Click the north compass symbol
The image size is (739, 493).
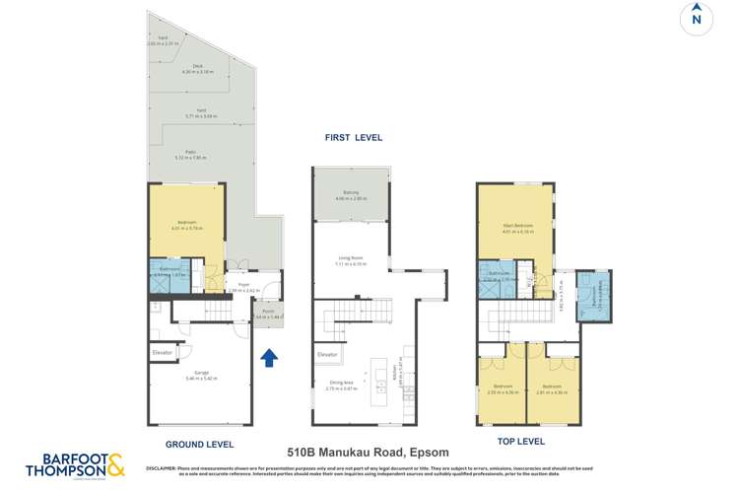tap(697, 19)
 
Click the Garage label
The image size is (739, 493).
tap(201, 372)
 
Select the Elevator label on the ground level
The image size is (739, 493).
tap(163, 351)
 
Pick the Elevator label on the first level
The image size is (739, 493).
tap(328, 354)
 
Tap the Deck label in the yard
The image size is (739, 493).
tap(191, 67)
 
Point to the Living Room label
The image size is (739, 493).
tap(351, 259)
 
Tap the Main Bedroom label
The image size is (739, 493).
tap(517, 226)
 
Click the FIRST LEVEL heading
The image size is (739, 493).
tap(353, 138)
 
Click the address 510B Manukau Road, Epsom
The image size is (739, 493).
tap(369, 453)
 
